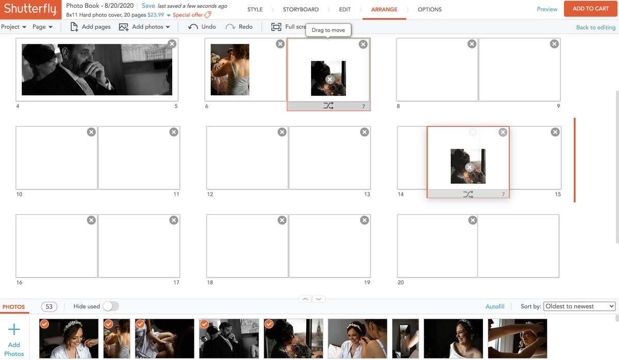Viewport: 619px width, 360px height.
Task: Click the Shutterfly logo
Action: coord(30,9)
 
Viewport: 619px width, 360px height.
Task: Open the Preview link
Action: coord(547,9)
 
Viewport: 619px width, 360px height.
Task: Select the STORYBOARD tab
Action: coord(300,9)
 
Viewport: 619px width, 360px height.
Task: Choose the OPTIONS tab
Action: coord(429,9)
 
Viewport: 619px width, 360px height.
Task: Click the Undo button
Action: coord(202,27)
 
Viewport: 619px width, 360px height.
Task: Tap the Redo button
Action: coord(239,27)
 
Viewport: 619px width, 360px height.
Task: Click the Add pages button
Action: coord(90,27)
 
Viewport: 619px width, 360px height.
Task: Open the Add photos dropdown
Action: coord(144,27)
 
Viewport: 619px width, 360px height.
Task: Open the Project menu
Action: coord(13,27)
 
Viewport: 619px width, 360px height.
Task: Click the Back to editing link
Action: coord(595,27)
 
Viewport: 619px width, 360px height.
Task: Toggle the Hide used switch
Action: coord(110,306)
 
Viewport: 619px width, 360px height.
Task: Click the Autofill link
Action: coord(495,306)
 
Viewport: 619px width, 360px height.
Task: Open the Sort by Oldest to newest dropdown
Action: coord(579,306)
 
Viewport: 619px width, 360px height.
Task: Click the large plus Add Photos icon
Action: coord(14,330)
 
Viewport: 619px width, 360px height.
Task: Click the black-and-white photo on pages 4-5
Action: coord(96,70)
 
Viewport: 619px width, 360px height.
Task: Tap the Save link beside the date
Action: coord(148,6)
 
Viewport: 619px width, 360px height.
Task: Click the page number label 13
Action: coord(367,194)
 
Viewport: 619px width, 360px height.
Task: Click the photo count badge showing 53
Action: coord(49,306)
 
